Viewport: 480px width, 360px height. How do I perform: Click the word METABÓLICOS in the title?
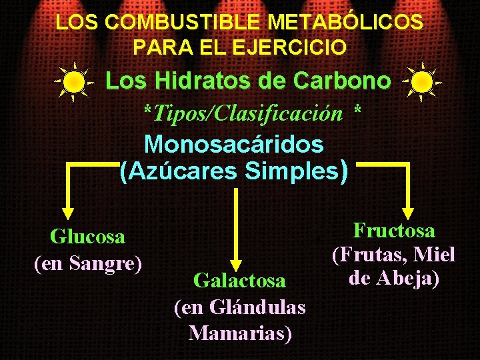coord(345,22)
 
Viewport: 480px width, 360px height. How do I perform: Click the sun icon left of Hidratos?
coord(73,82)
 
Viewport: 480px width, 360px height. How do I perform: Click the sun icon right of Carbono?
coord(422,82)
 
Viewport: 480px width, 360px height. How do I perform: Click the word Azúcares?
coord(182,171)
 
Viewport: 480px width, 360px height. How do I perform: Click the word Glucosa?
coord(88,237)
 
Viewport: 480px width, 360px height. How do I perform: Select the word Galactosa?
coord(239,281)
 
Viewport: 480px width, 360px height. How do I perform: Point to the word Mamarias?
coord(240,332)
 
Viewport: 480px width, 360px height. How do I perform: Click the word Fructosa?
coord(394,231)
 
